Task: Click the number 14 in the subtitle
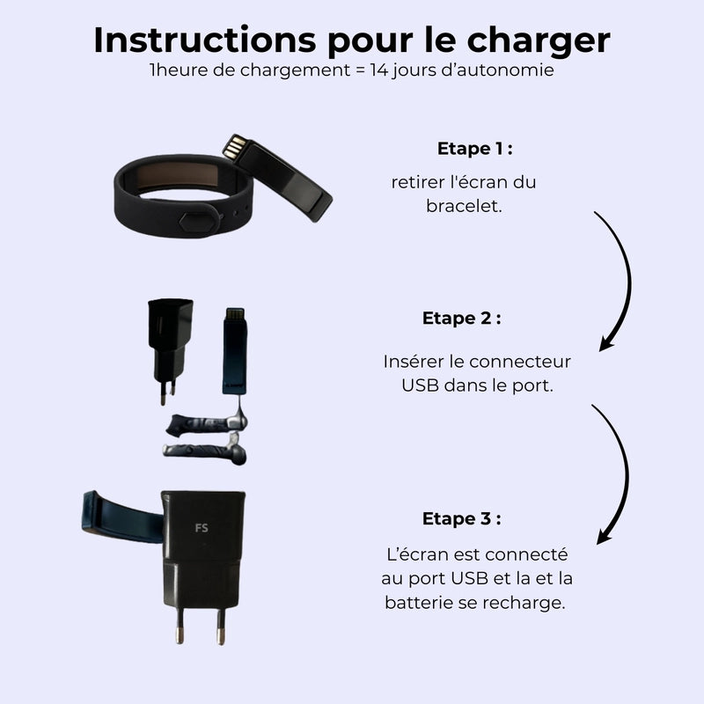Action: [x=379, y=70]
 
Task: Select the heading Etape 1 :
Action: [x=475, y=149]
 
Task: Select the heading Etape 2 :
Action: [x=461, y=318]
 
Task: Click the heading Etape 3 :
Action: [x=461, y=518]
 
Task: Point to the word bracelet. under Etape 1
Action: [x=464, y=206]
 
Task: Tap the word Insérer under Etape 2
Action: [x=413, y=362]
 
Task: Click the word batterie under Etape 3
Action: [x=418, y=603]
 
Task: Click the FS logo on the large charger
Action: [x=202, y=528]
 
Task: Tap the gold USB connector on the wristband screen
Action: [x=235, y=146]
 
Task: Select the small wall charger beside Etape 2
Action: [x=169, y=350]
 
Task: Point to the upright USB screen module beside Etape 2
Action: [x=235, y=351]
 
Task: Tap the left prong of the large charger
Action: [x=180, y=626]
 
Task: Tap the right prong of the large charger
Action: [x=221, y=627]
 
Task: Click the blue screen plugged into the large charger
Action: [x=122, y=517]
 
